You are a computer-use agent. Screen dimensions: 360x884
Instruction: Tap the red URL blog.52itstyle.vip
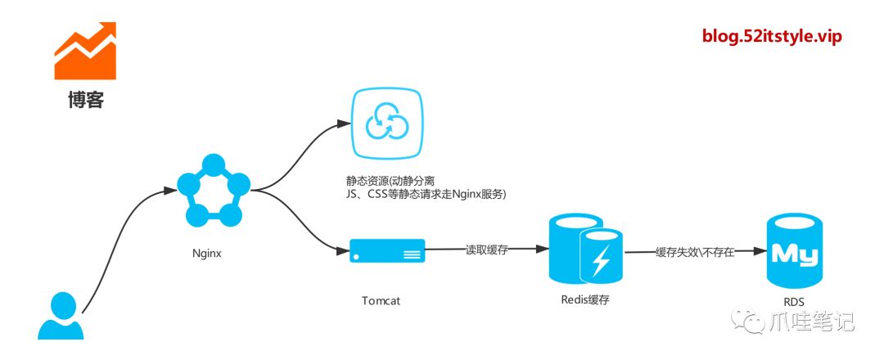(772, 36)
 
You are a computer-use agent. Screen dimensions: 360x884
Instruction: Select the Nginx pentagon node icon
(213, 190)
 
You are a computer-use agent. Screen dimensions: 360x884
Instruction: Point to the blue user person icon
(61, 316)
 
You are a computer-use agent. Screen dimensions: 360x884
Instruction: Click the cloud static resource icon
(386, 124)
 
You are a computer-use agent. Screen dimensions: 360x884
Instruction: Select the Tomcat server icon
(387, 250)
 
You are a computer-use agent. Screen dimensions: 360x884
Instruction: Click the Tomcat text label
(381, 300)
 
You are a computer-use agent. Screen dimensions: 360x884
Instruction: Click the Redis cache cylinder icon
(584, 248)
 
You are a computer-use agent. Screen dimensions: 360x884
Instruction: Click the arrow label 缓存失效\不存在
(695, 252)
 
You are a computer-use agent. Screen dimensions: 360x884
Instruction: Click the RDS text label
(793, 302)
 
